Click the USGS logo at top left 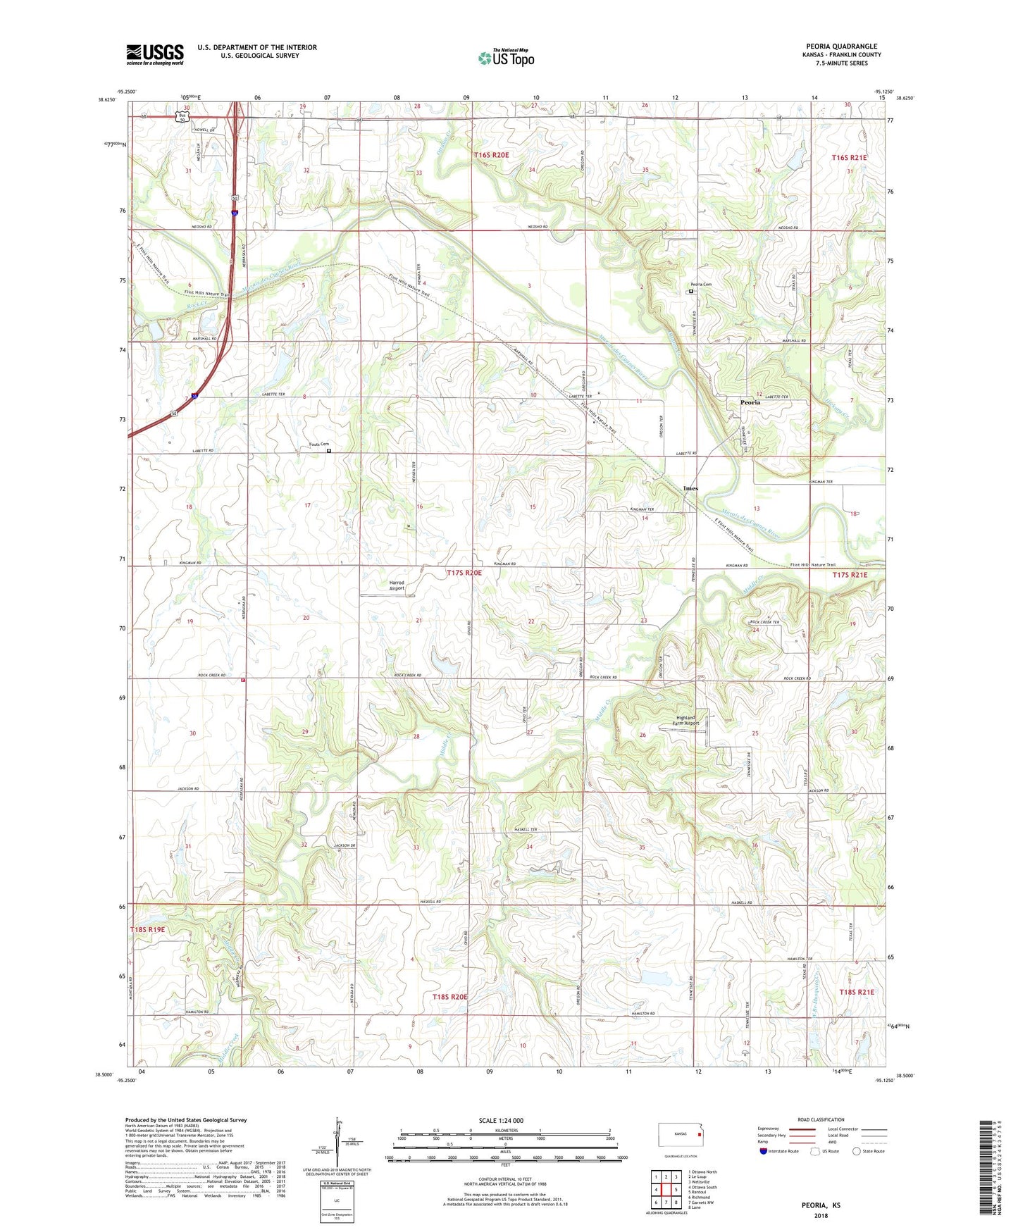click(x=154, y=54)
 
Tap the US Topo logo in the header click(x=506, y=58)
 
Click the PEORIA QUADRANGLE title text click(x=841, y=46)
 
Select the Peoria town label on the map click(x=750, y=402)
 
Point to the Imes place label click(x=690, y=488)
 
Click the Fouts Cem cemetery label click(x=318, y=445)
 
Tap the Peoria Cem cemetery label click(x=700, y=285)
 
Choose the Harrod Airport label click(x=397, y=585)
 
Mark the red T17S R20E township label click(x=464, y=573)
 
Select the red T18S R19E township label click(x=147, y=930)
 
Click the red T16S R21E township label click(x=849, y=158)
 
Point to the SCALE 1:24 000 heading click(x=501, y=1121)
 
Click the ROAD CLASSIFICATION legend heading click(x=821, y=1119)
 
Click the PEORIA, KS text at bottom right click(x=821, y=1205)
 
